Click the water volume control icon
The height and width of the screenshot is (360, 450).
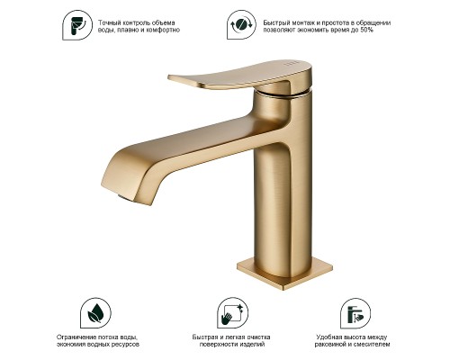click(x=77, y=25)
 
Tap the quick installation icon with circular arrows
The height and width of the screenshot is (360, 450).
click(x=241, y=24)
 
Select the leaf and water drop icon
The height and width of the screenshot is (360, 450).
click(x=95, y=313)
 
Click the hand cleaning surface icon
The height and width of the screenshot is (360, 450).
click(x=232, y=313)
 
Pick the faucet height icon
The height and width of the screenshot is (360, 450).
click(x=355, y=313)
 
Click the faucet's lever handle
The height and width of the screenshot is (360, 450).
click(x=240, y=75)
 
